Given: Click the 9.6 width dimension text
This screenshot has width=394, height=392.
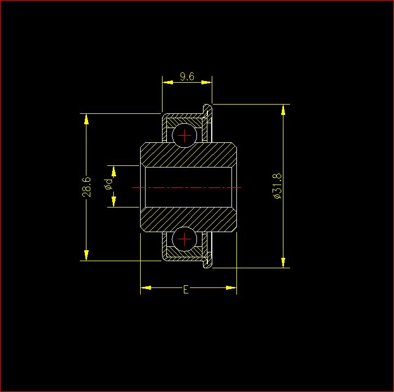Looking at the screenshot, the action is pos(187,77).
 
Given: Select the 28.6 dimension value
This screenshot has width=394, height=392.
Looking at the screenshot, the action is pos(86,187).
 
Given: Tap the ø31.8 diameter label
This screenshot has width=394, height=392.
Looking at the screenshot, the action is pos(277,186).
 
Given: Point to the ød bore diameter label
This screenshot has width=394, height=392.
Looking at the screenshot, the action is pos(108,184).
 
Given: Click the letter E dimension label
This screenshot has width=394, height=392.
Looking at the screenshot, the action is pos(186,290).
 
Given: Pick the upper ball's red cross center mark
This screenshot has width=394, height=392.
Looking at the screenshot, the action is pos(184,136).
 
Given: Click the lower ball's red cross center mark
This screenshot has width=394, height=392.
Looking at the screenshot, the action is pos(184,239).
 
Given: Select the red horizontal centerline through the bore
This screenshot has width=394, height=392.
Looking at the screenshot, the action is pos(187,187).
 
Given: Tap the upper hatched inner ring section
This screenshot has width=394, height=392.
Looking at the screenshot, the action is pos(188,154).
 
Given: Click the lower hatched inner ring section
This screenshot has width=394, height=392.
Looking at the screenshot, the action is pos(188,220).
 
